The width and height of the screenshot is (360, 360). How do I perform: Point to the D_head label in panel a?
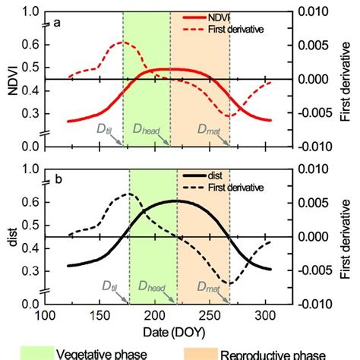click(147, 130)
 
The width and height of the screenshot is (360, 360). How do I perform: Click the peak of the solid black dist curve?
click(175, 201)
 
